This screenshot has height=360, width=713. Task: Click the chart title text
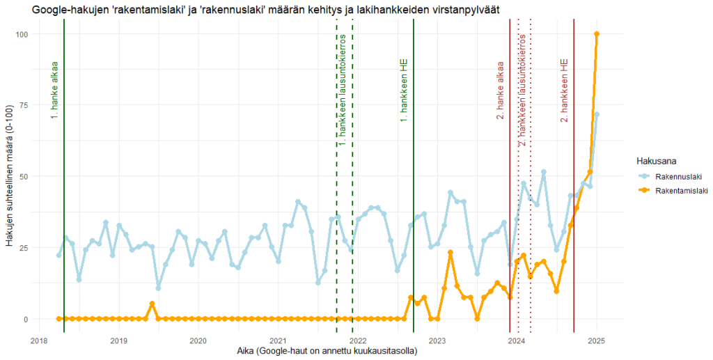pyautogui.click(x=265, y=8)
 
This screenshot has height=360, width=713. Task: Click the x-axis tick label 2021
pyautogui.click(x=278, y=341)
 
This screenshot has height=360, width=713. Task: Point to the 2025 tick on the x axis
pyautogui.click(x=596, y=341)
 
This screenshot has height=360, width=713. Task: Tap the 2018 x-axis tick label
pyautogui.click(x=39, y=341)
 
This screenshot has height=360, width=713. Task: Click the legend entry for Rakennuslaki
pyautogui.click(x=672, y=177)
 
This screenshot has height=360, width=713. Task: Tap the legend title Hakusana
pyautogui.click(x=658, y=160)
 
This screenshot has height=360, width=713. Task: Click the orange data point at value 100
pyautogui.click(x=597, y=34)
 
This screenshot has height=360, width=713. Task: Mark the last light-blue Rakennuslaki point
pyautogui.click(x=597, y=114)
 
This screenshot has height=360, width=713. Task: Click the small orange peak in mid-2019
pyautogui.click(x=152, y=304)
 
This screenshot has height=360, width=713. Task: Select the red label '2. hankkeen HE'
pyautogui.click(x=565, y=91)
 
